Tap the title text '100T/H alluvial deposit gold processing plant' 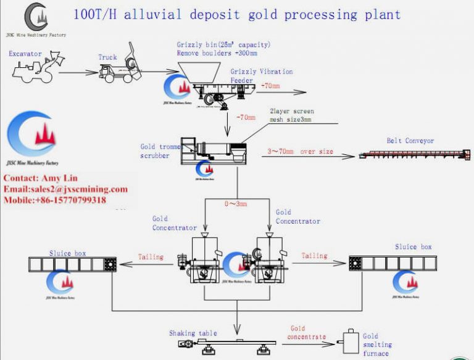coord(237,14)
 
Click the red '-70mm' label coord(245,117)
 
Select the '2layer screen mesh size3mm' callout coord(290,115)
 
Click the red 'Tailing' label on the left coord(151,256)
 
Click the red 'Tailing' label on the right coord(314,254)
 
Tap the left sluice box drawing coord(70,264)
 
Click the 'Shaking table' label coord(193,333)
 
